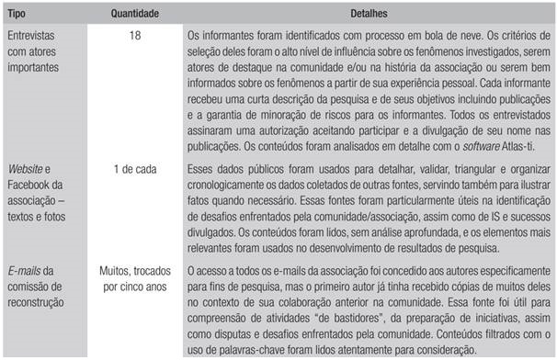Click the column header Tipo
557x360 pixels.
coord(19,15)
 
